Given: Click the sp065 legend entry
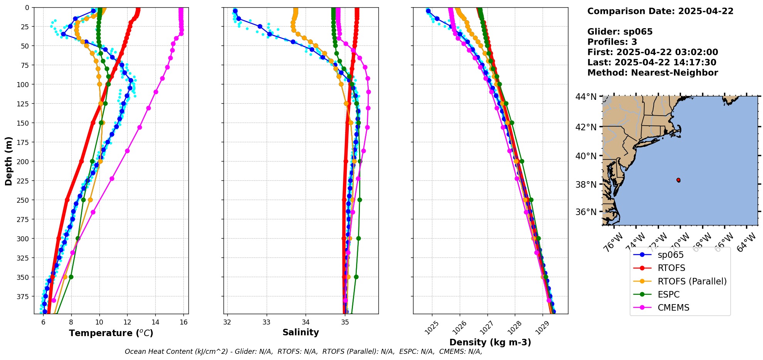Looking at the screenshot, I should [x=671, y=255].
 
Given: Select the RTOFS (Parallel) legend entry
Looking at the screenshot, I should [x=692, y=281].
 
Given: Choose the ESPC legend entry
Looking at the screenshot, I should [x=669, y=294].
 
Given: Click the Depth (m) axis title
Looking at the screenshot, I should [x=8, y=161].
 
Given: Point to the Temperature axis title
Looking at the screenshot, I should [x=111, y=333].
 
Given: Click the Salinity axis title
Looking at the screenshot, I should [x=301, y=332].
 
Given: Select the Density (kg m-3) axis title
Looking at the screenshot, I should [x=490, y=342].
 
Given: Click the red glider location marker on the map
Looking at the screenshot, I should [x=678, y=180].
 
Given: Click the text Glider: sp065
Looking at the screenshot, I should [x=620, y=32].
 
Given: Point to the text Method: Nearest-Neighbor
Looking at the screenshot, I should [x=652, y=73].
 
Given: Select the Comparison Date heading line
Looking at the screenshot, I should [x=660, y=11].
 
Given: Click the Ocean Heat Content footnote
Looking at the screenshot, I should [x=303, y=352].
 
